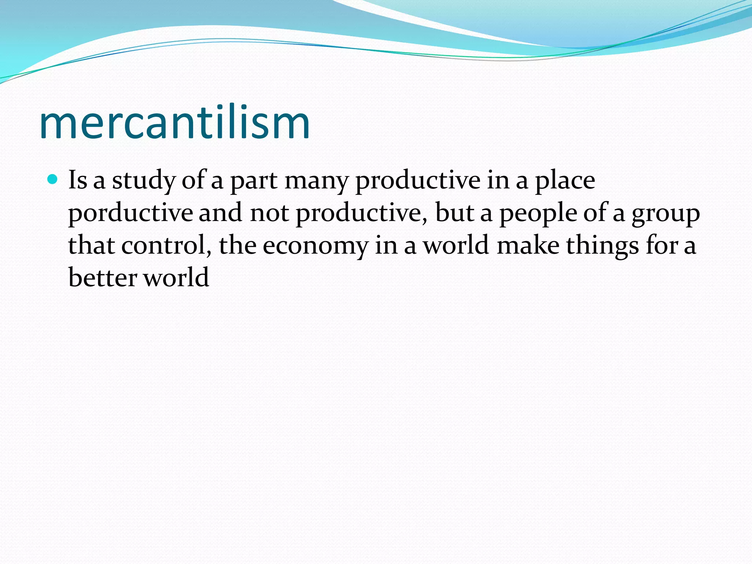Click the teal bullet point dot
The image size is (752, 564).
(53, 179)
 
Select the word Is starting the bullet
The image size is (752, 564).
(78, 180)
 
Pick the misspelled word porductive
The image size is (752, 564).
(130, 213)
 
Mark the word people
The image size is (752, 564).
(538, 213)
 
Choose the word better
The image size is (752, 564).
(102, 277)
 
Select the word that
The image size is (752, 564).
(91, 245)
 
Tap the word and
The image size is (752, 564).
(220, 213)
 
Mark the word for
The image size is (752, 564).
(662, 245)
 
